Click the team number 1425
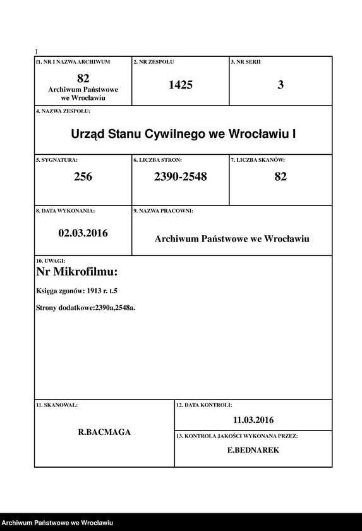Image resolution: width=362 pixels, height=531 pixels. tap(180, 85)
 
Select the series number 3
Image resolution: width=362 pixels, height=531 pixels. tap(281, 85)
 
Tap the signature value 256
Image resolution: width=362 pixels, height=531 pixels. tap(83, 177)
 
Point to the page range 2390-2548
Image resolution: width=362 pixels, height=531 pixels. tap(180, 177)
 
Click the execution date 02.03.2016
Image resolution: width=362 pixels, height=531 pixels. tap(83, 233)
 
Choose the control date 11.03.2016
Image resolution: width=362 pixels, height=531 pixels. tap(253, 420)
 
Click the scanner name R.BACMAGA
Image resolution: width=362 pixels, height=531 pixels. tap(104, 433)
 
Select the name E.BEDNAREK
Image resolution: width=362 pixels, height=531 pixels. tap(253, 451)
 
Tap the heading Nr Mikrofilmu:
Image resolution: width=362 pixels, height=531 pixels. tap(77, 272)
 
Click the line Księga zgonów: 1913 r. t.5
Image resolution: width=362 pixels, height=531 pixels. tap(77, 291)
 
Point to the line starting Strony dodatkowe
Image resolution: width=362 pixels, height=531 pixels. tap(86, 308)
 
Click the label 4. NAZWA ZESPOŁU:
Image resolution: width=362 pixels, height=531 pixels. tap(63, 111)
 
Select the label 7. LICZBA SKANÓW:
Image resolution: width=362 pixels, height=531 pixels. tap(258, 161)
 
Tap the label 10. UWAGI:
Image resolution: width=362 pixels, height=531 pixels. tap(51, 260)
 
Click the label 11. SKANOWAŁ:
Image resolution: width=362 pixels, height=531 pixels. tap(57, 404)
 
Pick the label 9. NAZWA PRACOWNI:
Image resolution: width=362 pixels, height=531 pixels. tap(163, 211)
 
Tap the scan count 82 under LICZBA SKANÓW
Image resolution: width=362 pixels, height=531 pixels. tap(281, 177)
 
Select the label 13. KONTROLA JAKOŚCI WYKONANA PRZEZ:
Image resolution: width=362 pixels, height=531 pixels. tap(237, 436)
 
